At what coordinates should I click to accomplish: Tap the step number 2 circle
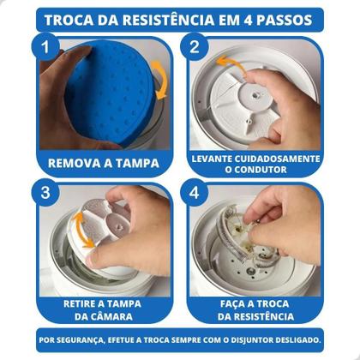(x=195, y=48)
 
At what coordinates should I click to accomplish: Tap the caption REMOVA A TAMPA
(x=104, y=160)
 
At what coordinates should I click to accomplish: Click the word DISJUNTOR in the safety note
(x=248, y=339)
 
